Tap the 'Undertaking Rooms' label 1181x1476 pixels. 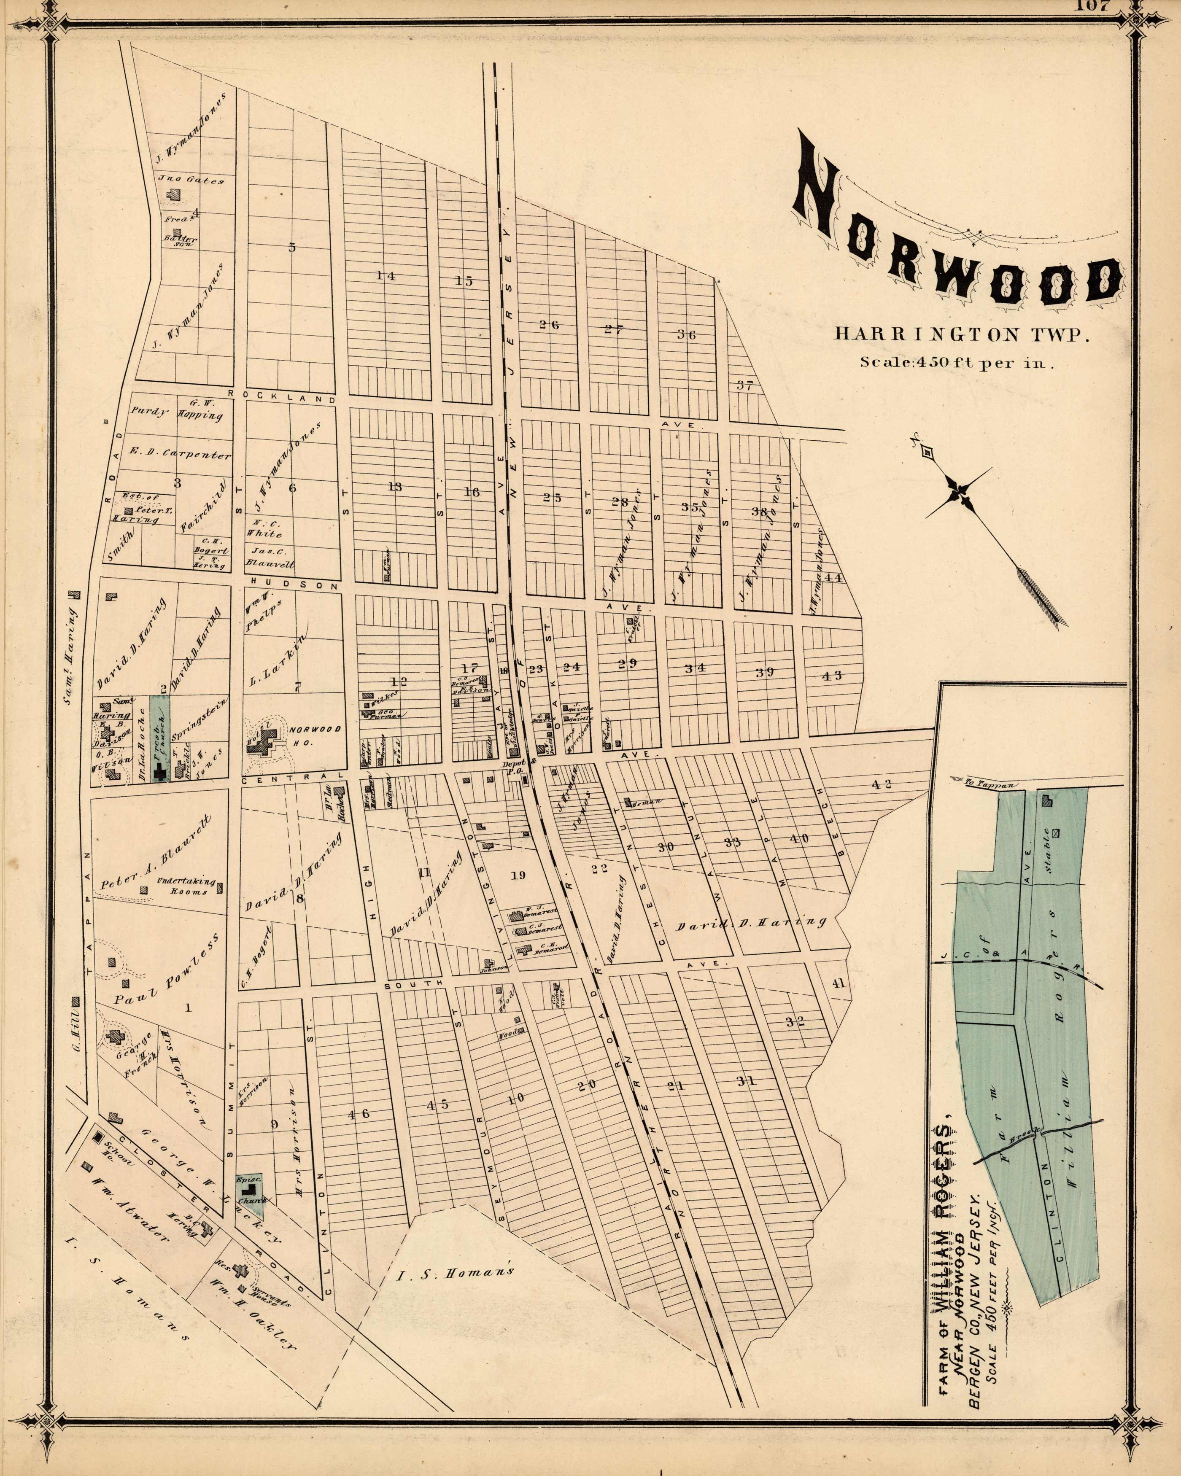[186, 886]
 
